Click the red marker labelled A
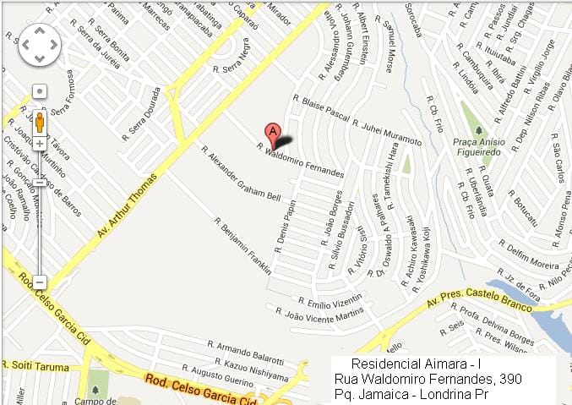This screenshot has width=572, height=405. click(x=272, y=132)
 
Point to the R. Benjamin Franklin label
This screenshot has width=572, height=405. click(x=242, y=246)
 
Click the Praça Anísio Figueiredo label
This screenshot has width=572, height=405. click(x=479, y=147)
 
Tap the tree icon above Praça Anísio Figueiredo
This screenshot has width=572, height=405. click(x=479, y=129)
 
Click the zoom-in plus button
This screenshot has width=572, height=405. click(x=40, y=144)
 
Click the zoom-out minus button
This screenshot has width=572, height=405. click(x=40, y=282)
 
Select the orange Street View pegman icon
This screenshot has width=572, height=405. click(x=40, y=121)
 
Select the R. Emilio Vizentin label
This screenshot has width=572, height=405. click(x=330, y=301)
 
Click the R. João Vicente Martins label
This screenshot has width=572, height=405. click(x=324, y=316)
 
